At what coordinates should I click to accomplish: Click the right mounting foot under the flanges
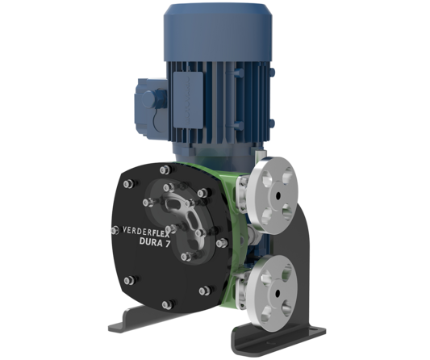278,339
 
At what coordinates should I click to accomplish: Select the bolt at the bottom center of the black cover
166,304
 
